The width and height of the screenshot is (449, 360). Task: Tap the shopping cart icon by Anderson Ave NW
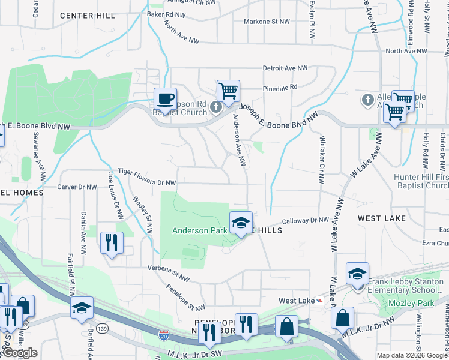(x=228, y=91)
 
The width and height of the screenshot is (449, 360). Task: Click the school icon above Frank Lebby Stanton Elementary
(x=357, y=274)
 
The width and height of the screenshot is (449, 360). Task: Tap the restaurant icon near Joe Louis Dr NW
(x=112, y=242)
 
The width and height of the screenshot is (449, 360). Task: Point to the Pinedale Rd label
(x=280, y=87)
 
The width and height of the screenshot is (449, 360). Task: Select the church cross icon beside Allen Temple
(x=367, y=98)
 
